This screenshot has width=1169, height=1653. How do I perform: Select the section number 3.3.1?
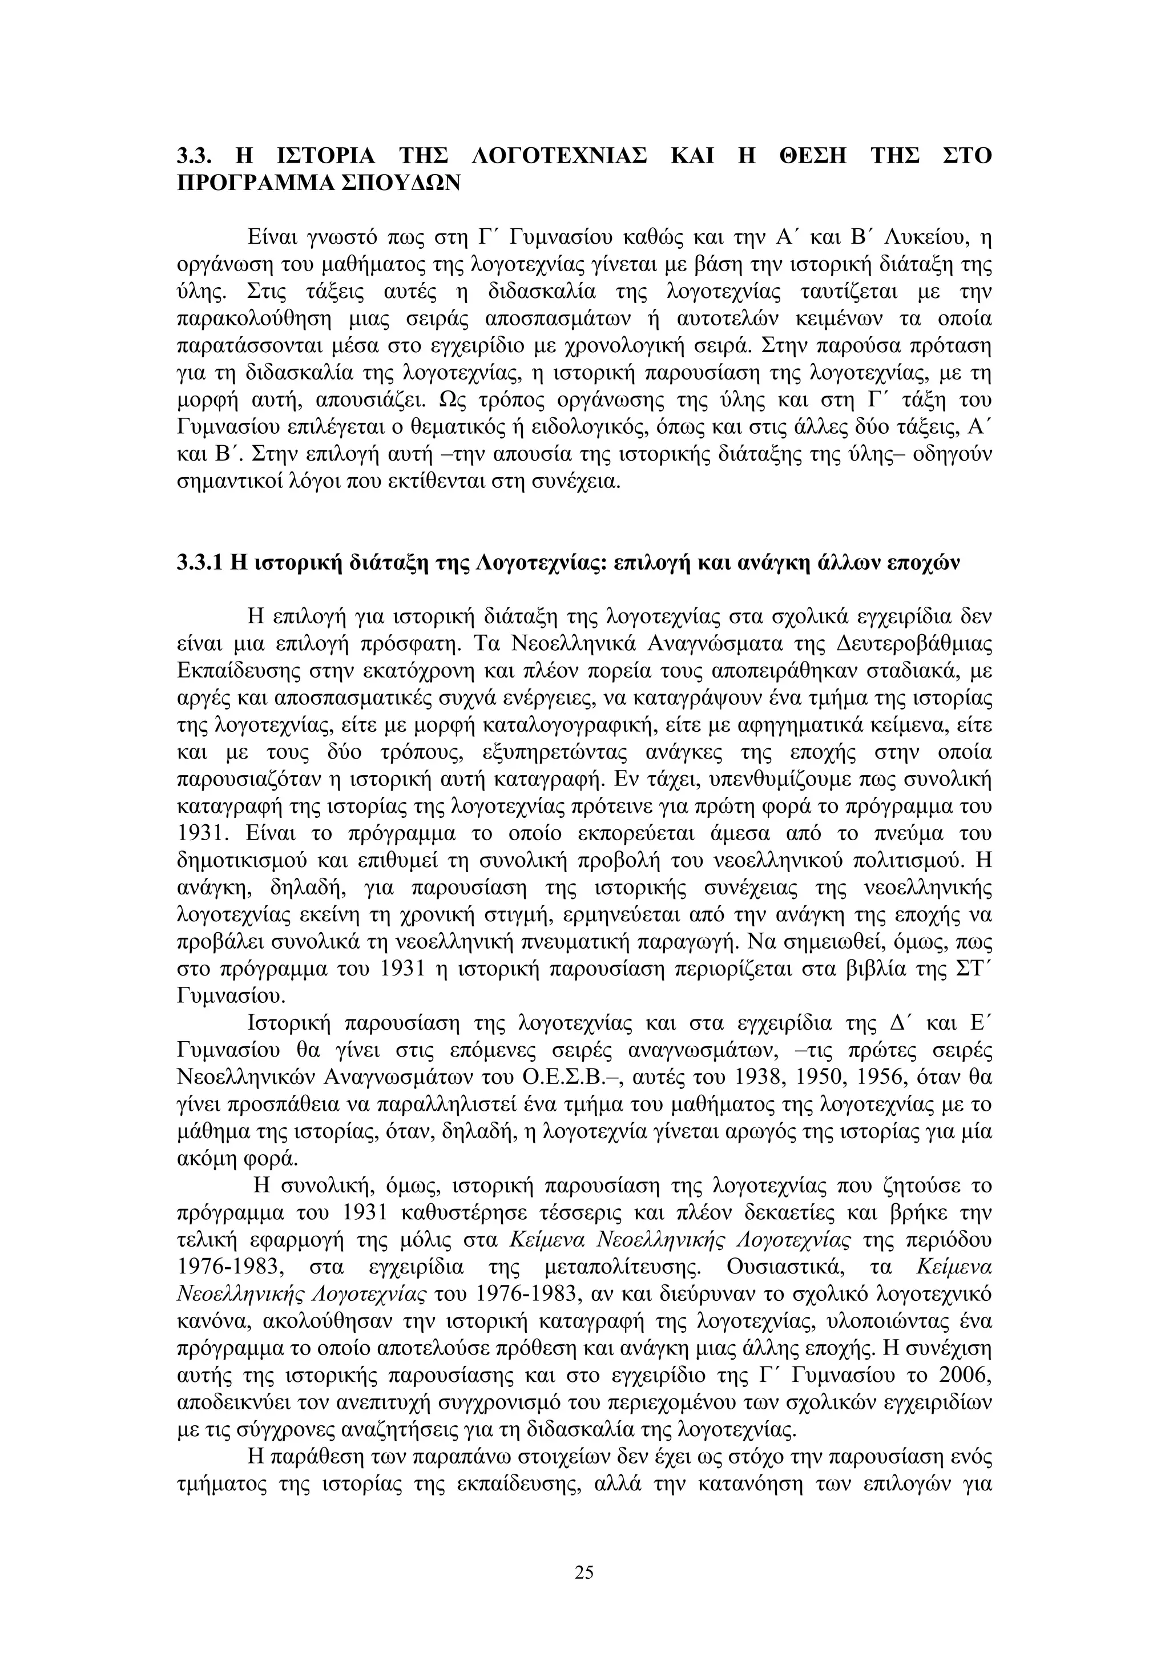[199, 564]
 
